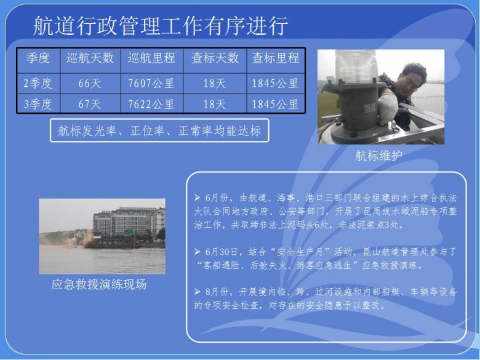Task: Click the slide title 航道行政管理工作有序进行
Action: pos(161,26)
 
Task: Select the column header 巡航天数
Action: pos(90,58)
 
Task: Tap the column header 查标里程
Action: pos(276,58)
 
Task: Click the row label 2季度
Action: pos(38,83)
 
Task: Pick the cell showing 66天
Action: pos(90,83)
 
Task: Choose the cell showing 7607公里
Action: pos(151,83)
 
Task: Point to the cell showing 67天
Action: pos(90,105)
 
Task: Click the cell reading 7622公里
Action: pos(151,105)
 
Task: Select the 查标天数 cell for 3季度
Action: pos(215,105)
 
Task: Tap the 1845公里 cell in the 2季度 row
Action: pos(275,83)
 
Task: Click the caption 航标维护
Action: pos(378,156)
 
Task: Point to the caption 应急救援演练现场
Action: pos(99,285)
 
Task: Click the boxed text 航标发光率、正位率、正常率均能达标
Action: pos(159,130)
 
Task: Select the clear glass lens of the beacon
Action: pos(357,66)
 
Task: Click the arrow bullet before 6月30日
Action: pos(198,252)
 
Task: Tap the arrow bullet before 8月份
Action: pos(198,292)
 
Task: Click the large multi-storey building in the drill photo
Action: pos(129,222)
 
